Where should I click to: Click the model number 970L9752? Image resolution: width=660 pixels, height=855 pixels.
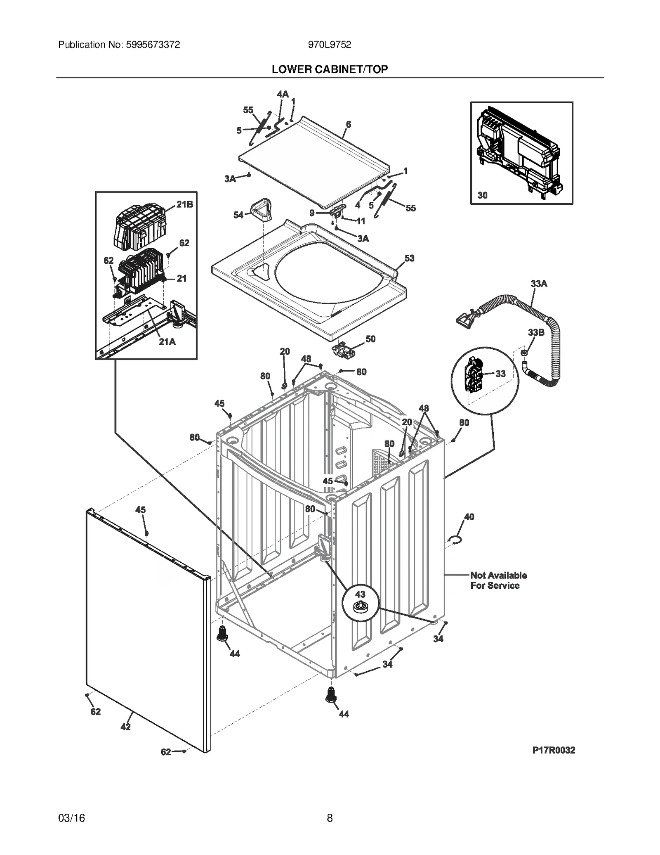click(330, 45)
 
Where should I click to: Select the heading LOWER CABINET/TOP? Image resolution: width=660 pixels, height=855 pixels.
click(330, 69)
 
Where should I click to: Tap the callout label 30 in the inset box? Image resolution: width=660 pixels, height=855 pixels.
click(482, 195)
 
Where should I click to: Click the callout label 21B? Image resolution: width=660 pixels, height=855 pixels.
click(184, 204)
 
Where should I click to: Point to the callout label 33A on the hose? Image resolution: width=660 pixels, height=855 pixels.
click(539, 284)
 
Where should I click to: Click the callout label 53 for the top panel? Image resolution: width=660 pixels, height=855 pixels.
click(409, 258)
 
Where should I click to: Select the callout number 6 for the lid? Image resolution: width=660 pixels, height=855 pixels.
click(348, 124)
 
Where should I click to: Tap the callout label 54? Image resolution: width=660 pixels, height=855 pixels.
click(238, 215)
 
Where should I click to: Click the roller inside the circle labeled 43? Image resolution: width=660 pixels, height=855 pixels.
click(360, 607)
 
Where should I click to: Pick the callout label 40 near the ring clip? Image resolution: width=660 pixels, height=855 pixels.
click(469, 516)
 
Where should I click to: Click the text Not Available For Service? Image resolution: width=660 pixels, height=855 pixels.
click(498, 580)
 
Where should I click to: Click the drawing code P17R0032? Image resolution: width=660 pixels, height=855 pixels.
click(554, 750)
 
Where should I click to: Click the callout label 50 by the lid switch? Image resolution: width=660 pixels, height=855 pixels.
click(370, 339)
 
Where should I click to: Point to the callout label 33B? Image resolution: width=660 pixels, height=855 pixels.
click(536, 332)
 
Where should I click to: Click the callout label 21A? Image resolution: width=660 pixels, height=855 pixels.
click(167, 342)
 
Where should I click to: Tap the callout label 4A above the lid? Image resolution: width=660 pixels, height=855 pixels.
click(283, 94)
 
